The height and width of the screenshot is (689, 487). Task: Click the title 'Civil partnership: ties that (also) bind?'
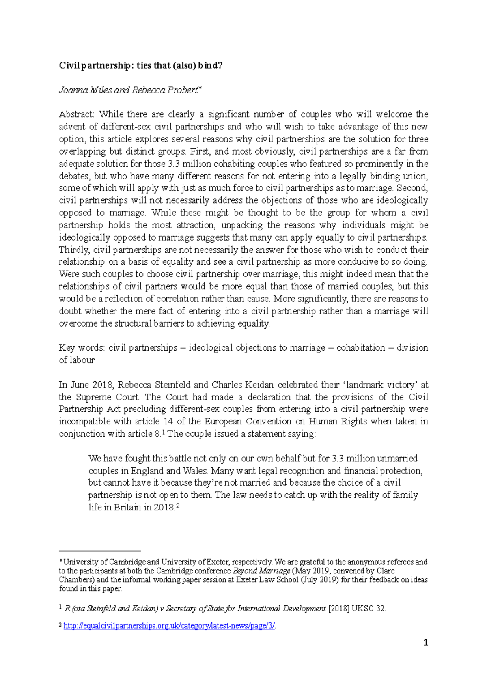[x=140, y=66]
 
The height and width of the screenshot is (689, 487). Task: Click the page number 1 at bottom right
[x=425, y=642]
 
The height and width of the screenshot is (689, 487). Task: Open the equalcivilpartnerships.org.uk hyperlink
[x=169, y=626]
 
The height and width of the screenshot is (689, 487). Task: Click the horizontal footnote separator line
[x=99, y=551]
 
